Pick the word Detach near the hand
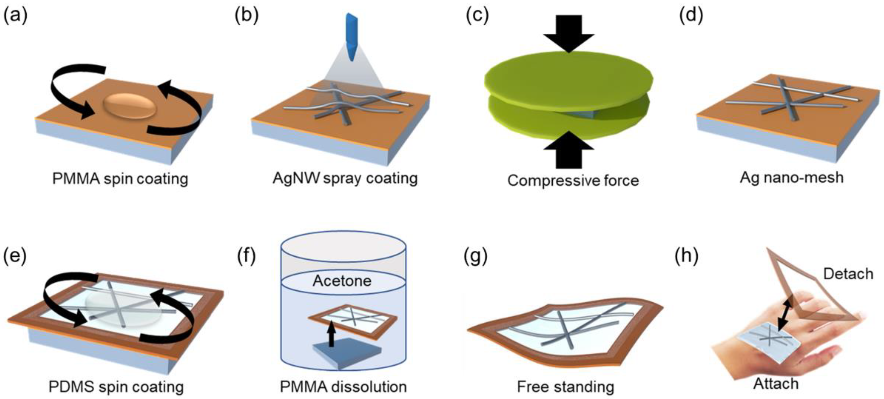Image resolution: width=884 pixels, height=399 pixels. (848, 274)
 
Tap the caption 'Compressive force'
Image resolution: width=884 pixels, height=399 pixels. (573, 180)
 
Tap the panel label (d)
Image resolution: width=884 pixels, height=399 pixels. (691, 16)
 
